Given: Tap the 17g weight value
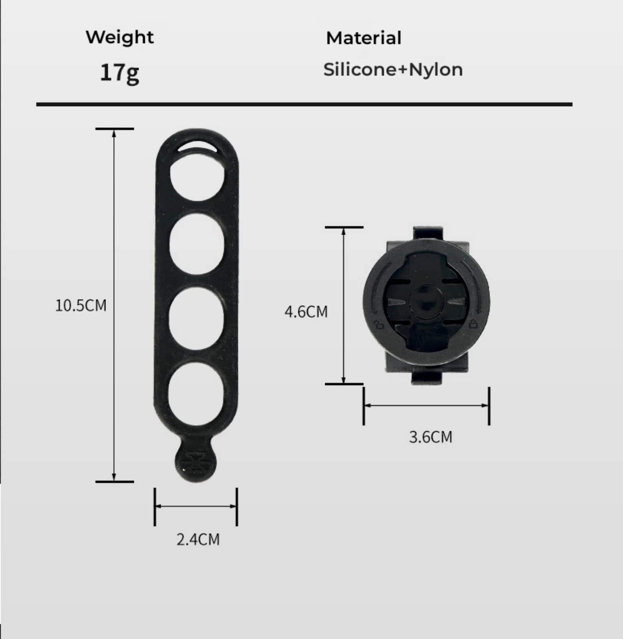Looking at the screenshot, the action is [120, 73].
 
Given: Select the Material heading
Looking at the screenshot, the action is [364, 38].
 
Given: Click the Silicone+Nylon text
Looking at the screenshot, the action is [393, 70].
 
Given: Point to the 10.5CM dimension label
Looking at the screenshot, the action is [81, 305].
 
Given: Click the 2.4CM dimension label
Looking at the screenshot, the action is [198, 539].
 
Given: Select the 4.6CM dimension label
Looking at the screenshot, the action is [306, 312].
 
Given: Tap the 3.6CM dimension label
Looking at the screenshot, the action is [431, 437].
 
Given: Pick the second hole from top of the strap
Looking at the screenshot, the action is [197, 243].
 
